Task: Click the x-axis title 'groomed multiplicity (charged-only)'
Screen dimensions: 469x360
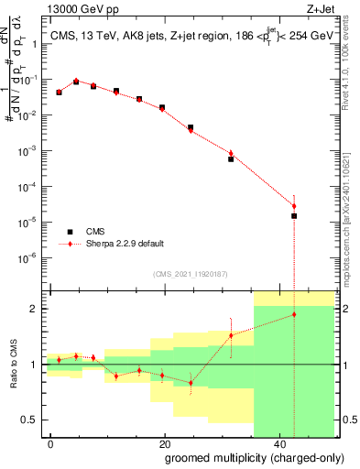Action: coord(241,457)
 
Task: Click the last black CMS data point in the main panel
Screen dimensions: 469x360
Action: coord(294,216)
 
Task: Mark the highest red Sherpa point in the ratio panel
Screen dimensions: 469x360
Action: coord(294,314)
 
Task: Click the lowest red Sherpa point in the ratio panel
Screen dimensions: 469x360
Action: coord(191,383)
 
